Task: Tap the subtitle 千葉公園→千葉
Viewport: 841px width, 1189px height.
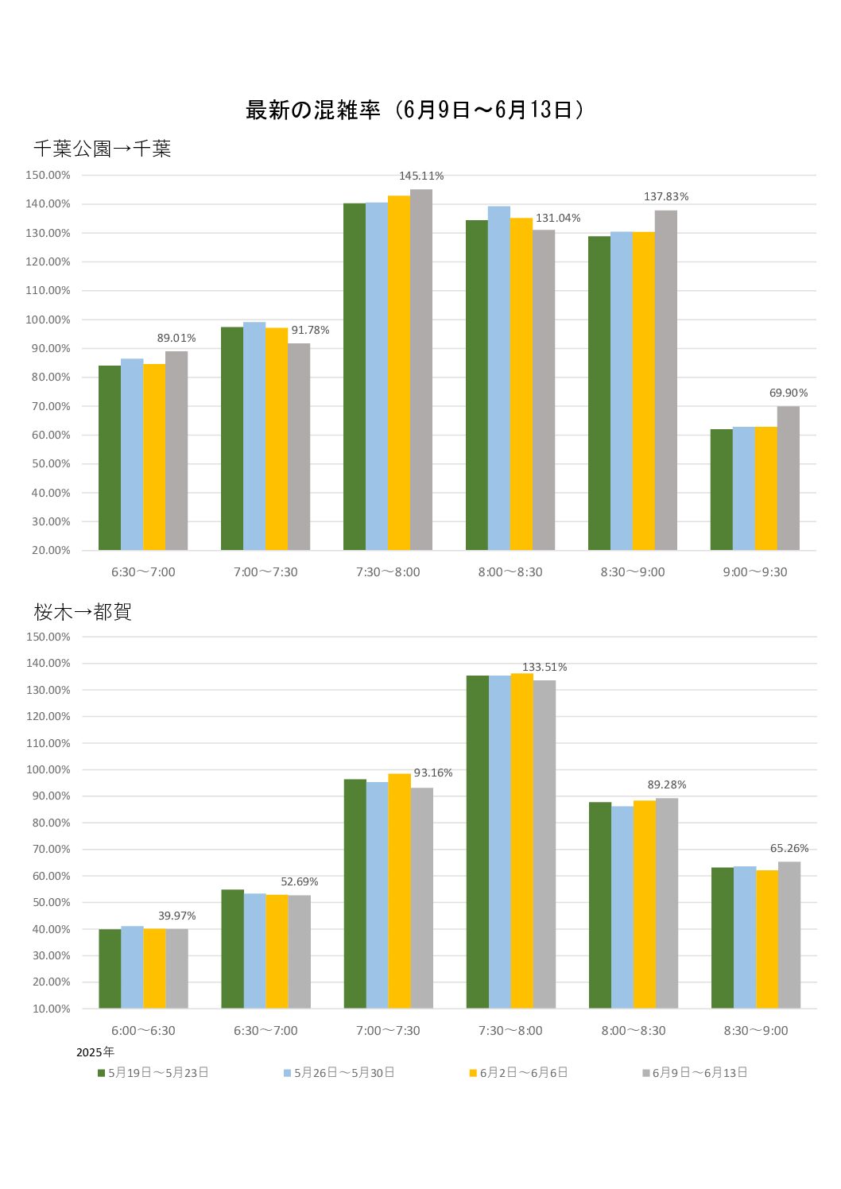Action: click(x=102, y=149)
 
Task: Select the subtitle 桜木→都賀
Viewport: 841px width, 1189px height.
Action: click(x=83, y=611)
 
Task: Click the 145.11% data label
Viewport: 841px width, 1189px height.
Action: click(x=421, y=176)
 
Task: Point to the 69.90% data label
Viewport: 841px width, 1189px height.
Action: click(x=788, y=393)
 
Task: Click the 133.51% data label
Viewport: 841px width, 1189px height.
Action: click(x=545, y=667)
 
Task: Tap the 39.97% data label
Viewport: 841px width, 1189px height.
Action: click(x=176, y=916)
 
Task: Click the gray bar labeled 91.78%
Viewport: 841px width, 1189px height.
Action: click(x=299, y=446)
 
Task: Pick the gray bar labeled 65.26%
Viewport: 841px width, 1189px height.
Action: click(x=789, y=935)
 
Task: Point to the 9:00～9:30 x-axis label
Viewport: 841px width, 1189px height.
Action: click(x=754, y=571)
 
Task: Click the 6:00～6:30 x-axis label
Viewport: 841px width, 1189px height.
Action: click(x=143, y=1030)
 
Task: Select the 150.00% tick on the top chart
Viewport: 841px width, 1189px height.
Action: click(x=48, y=175)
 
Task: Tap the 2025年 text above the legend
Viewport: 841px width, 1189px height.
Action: click(x=95, y=1052)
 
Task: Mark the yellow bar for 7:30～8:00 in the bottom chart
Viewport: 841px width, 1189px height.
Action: click(x=522, y=841)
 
